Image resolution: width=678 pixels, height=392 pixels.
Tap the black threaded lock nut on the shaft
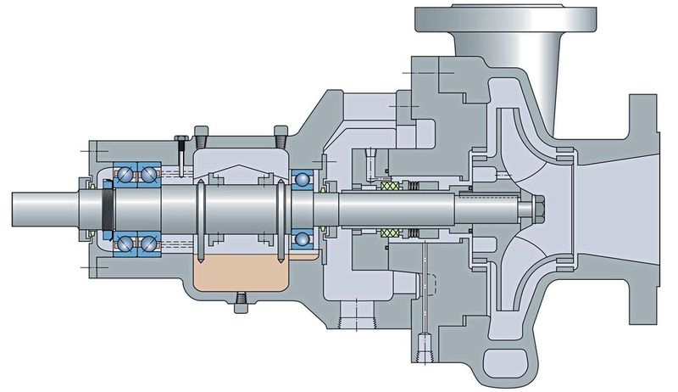click(x=108, y=208)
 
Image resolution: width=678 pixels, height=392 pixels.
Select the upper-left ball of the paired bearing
click(x=126, y=174)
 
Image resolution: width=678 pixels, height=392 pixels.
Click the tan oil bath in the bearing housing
click(x=242, y=272)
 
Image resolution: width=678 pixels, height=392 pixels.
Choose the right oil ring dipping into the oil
click(x=280, y=219)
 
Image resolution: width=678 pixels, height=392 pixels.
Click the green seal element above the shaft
click(x=389, y=186)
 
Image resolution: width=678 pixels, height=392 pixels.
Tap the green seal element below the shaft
click(x=389, y=231)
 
